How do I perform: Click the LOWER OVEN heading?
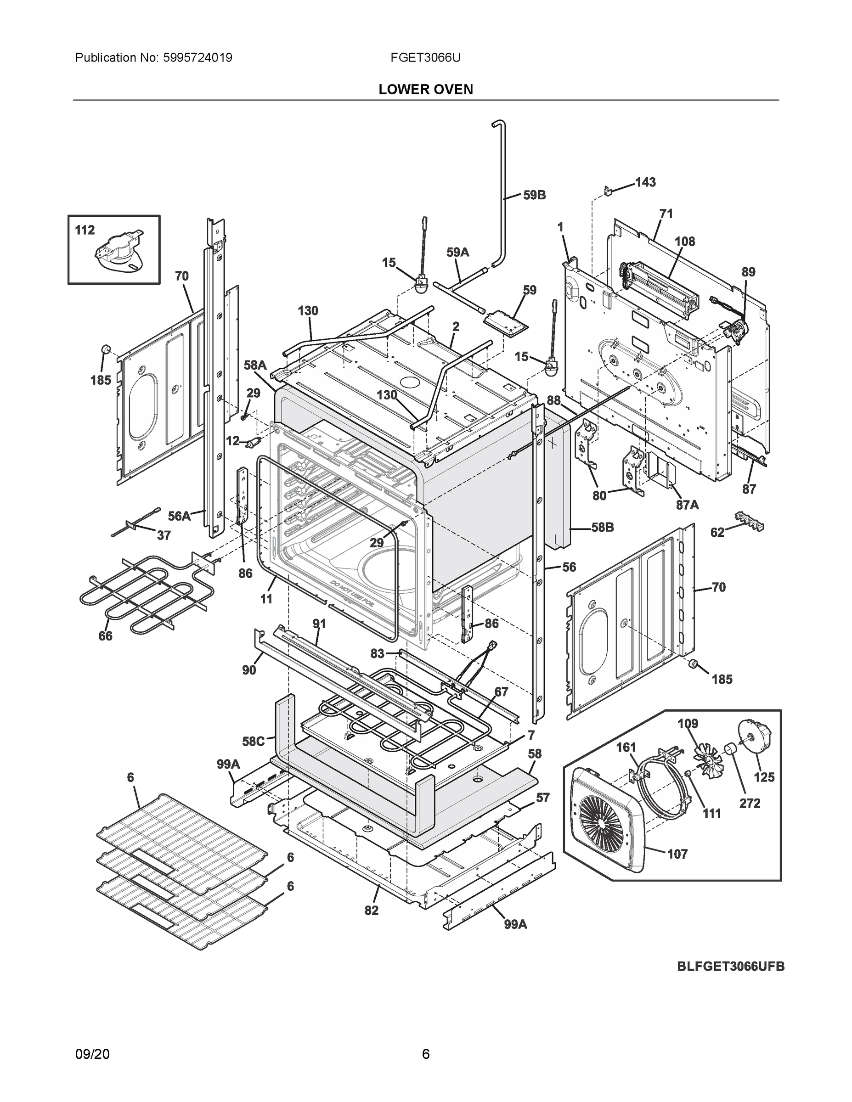click(425, 90)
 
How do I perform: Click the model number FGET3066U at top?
click(425, 58)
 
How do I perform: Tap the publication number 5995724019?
click(197, 58)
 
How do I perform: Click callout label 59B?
click(534, 195)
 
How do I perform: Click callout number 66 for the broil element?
click(106, 636)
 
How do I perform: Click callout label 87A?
click(687, 504)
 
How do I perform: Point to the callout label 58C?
click(253, 742)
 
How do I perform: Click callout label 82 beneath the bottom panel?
click(371, 910)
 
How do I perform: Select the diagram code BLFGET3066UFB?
click(730, 966)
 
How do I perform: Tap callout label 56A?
click(179, 516)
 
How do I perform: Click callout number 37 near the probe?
click(164, 535)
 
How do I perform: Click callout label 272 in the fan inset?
click(750, 803)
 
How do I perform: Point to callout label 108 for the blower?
click(685, 242)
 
